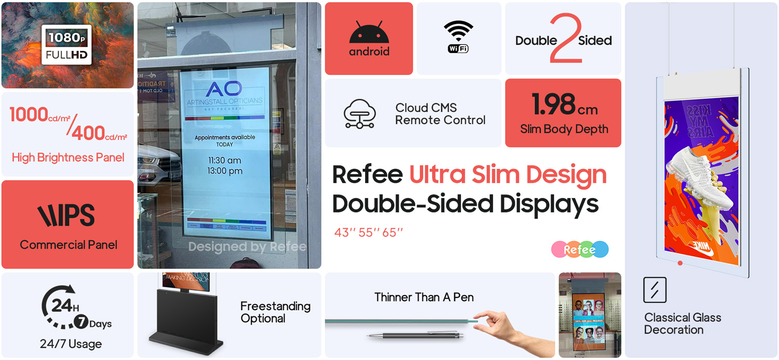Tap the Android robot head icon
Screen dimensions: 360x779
click(x=369, y=33)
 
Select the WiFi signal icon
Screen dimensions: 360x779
click(x=458, y=36)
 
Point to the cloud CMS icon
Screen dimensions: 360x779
click(x=359, y=113)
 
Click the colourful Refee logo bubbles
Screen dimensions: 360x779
click(x=580, y=250)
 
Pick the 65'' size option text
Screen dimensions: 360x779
click(x=393, y=233)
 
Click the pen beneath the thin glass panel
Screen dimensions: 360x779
click(x=413, y=335)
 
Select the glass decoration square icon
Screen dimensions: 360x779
click(x=654, y=290)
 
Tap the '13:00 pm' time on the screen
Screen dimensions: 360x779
click(x=225, y=171)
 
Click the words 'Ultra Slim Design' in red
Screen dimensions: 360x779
click(x=507, y=175)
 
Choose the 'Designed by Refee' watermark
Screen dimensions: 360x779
click(x=247, y=246)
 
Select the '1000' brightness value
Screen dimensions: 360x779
click(x=29, y=114)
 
